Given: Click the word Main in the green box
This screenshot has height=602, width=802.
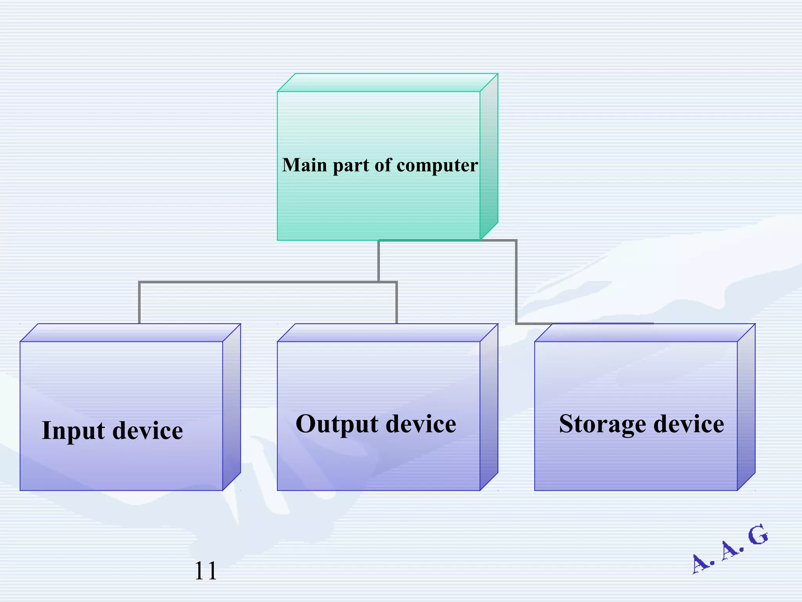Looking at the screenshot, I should (304, 165).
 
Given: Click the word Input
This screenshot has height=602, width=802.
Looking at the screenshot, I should (73, 431).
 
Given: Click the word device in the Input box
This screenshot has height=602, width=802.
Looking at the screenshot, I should (148, 431).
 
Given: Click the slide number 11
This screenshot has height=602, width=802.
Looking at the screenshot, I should (205, 571).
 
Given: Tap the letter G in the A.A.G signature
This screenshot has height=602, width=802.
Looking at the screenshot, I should (758, 535).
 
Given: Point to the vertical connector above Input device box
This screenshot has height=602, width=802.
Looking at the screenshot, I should (139, 303).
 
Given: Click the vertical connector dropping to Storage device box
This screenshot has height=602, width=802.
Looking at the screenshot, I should (516, 282).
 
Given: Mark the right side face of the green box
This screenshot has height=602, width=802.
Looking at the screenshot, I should (489, 157).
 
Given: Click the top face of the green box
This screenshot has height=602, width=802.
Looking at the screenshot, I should (388, 83).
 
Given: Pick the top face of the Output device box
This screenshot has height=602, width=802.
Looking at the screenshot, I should (388, 333).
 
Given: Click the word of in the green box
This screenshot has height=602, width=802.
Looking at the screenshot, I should (383, 165).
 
